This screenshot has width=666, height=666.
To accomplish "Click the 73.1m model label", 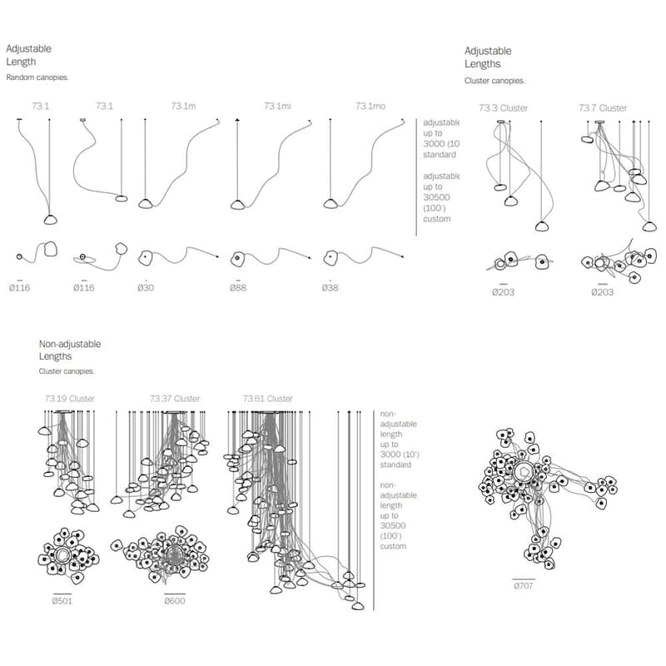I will tap(183, 106).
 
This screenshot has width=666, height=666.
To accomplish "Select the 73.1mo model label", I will tap(370, 106).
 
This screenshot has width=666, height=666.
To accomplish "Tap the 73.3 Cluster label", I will tap(503, 108).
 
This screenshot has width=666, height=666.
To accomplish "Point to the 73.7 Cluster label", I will tap(603, 108).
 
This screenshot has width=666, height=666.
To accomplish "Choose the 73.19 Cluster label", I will tap(70, 399).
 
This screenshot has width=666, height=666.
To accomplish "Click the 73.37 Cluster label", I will tap(175, 399).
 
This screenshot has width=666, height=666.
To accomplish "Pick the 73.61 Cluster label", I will tap(268, 399).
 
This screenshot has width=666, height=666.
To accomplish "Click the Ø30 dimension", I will tap(147, 287).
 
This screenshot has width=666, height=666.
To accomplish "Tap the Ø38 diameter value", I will tap(331, 287).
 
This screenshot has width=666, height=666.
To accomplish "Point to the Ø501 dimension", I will tap(62, 600).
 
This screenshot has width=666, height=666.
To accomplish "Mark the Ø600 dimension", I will tap(175, 600).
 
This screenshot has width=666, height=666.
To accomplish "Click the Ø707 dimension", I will tap(524, 586).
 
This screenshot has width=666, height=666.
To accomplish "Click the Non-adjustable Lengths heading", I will tap(70, 350).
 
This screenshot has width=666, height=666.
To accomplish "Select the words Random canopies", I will tap(37, 77).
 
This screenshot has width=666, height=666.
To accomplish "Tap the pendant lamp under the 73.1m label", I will tap(146, 203).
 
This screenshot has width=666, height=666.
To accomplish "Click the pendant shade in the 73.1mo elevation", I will tap(331, 203).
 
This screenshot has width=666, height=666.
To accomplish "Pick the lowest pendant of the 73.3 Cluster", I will tap(542, 226).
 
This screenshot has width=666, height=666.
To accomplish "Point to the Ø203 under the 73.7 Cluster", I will tap(603, 292).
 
